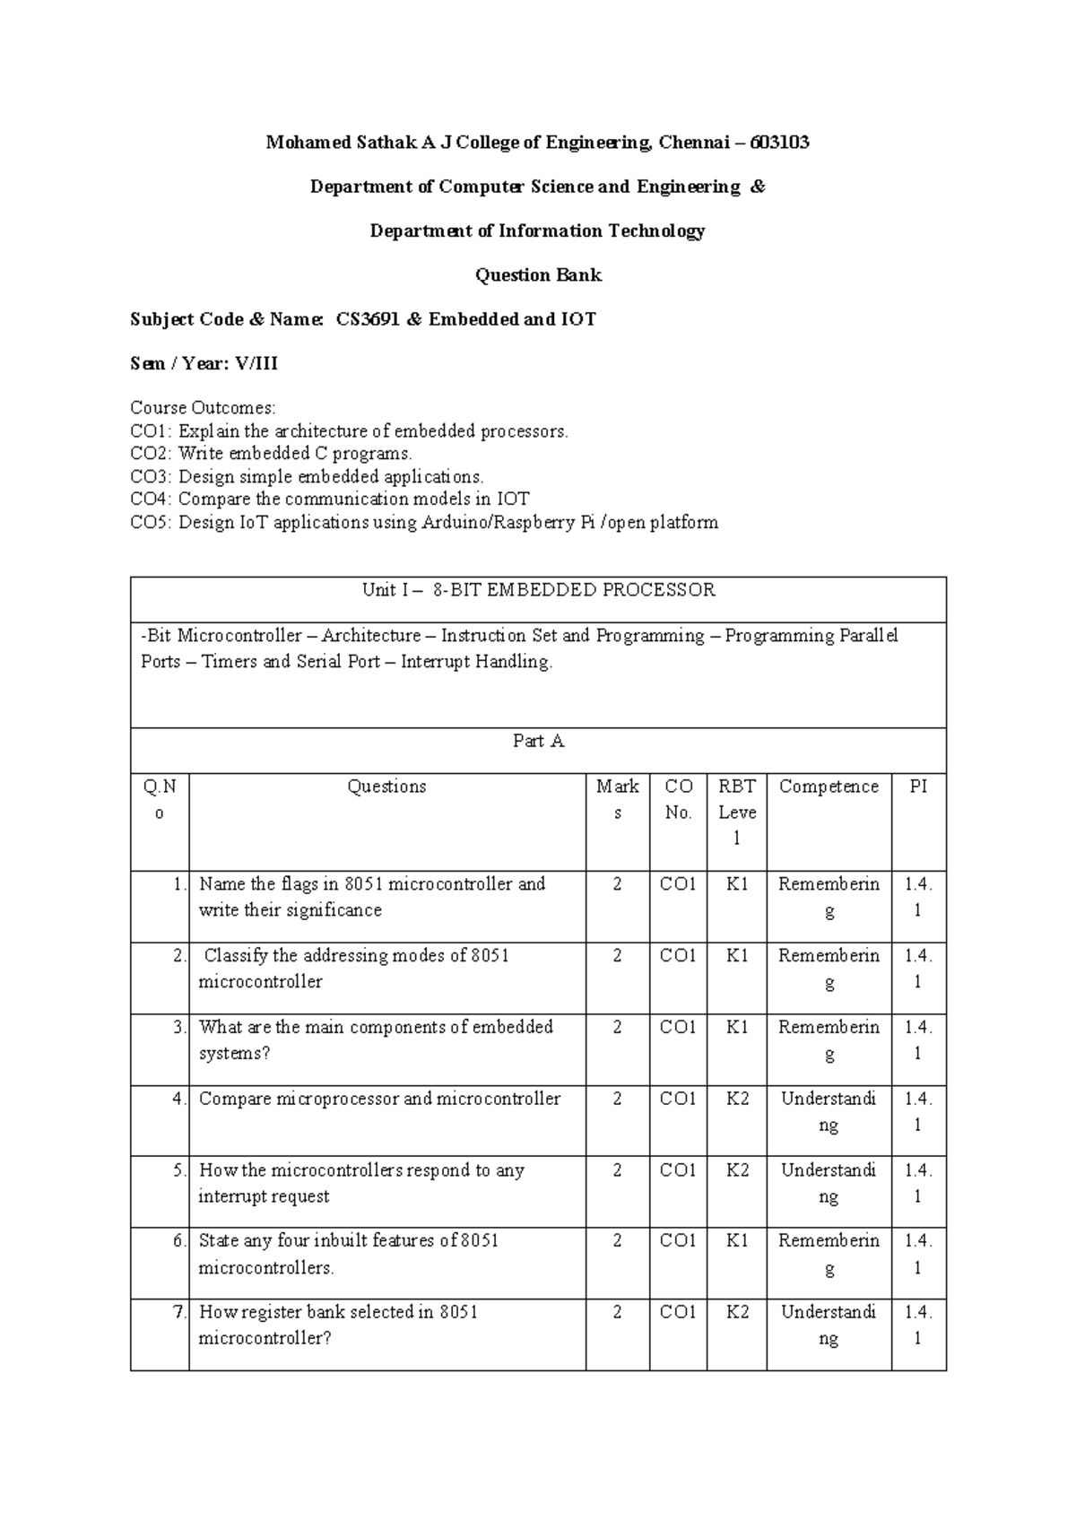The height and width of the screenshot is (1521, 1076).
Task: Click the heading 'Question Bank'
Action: [x=538, y=275]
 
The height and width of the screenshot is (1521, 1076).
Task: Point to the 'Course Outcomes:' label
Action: [x=203, y=408]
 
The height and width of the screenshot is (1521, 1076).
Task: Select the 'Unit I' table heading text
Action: [x=386, y=590]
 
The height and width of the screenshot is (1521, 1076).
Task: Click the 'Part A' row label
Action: [x=538, y=742]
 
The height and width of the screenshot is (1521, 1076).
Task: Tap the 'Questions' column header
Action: [x=386, y=787]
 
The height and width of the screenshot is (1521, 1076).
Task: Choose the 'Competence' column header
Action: [x=829, y=787]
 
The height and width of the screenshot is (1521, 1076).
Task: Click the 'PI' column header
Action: [x=918, y=787]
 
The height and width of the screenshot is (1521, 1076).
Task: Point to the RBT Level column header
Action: [x=736, y=812]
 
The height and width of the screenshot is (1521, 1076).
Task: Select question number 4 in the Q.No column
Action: [x=179, y=1099]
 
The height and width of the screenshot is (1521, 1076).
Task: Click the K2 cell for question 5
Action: [x=736, y=1170]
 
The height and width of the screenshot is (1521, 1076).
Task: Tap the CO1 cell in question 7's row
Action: [x=678, y=1313]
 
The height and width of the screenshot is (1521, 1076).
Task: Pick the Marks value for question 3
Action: [x=617, y=1027]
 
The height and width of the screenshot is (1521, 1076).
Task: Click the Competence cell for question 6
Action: [x=829, y=1254]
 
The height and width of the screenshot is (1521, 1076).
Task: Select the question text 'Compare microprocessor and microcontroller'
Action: [x=379, y=1099]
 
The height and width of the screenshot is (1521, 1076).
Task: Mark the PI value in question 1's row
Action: [x=918, y=897]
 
